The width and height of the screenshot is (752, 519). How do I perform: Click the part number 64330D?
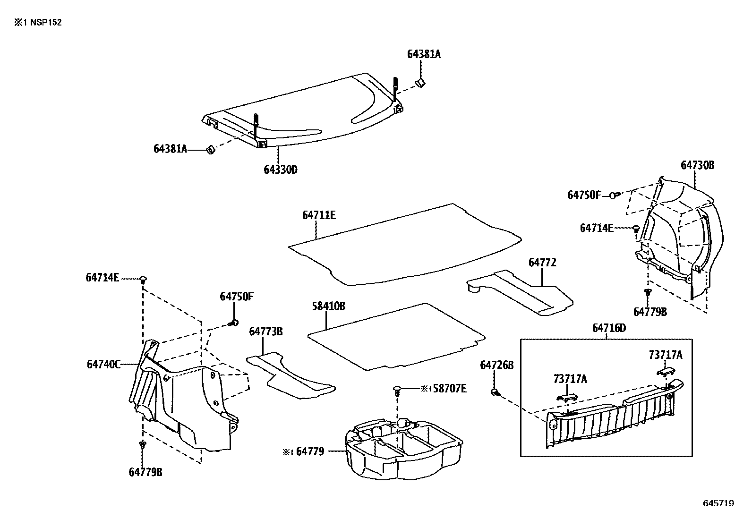tap(280, 170)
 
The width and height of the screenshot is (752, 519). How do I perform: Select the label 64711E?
tap(319, 215)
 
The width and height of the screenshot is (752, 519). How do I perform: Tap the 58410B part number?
tap(328, 306)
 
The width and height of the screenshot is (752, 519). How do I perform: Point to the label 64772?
tap(542, 263)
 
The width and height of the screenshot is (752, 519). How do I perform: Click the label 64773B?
tap(266, 332)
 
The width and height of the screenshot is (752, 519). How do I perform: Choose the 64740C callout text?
tap(103, 364)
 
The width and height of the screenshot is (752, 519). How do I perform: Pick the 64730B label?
tap(697, 165)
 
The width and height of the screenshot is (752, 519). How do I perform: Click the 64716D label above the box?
tap(609, 328)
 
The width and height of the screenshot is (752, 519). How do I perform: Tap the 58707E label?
tap(450, 388)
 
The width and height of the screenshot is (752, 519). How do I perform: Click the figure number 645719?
tap(718, 503)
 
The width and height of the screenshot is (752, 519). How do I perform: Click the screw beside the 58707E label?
tap(397, 390)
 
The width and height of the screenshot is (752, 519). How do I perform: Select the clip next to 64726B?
tap(495, 392)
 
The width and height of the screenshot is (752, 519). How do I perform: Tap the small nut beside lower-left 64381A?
tap(210, 150)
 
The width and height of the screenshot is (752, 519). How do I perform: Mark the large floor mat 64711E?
tap(406, 246)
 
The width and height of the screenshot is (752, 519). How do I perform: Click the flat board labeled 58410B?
tap(397, 336)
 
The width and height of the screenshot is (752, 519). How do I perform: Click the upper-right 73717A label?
tap(665, 356)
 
